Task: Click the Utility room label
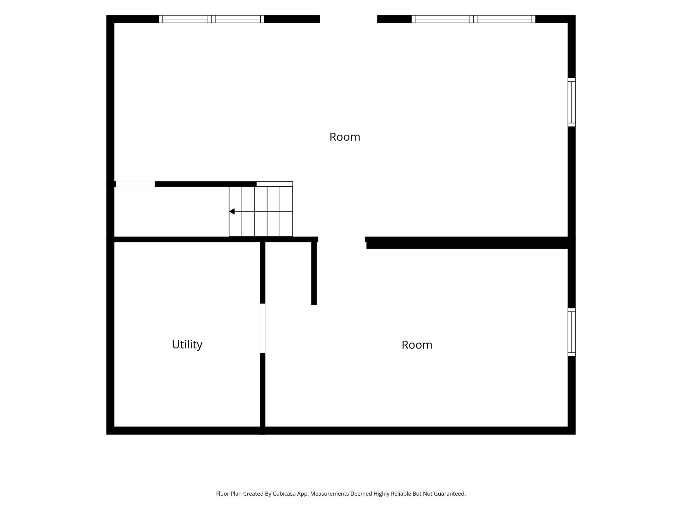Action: click(x=187, y=345)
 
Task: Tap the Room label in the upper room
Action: click(x=345, y=137)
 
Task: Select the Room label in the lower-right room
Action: click(x=417, y=345)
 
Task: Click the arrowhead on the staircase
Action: click(x=232, y=212)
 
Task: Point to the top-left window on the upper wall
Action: click(x=211, y=19)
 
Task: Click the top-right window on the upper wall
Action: click(x=473, y=19)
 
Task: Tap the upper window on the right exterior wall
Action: click(x=572, y=102)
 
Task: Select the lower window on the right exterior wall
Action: click(x=572, y=332)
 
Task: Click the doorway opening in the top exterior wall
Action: click(x=348, y=19)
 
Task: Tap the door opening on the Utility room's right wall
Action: click(x=262, y=328)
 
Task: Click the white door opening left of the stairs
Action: click(x=135, y=184)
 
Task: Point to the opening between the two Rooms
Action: click(x=341, y=239)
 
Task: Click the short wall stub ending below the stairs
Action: click(x=314, y=274)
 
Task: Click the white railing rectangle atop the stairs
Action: click(x=274, y=184)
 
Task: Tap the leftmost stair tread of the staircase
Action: click(x=235, y=211)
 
